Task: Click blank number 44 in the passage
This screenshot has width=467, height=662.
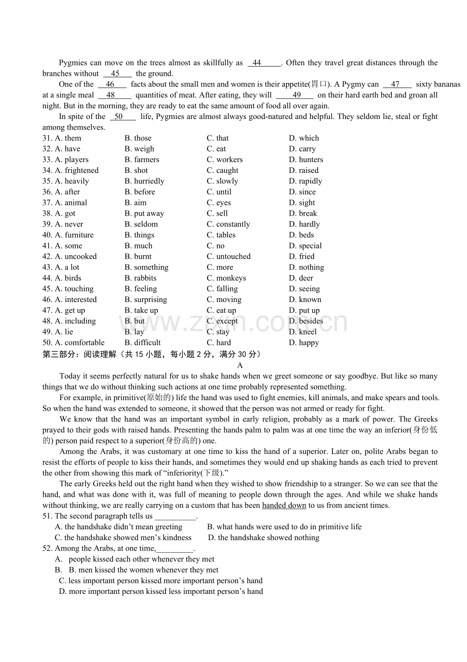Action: [x=263, y=63]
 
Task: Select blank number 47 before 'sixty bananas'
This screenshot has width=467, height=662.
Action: [x=397, y=84]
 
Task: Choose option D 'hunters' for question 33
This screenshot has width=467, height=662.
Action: [x=306, y=160]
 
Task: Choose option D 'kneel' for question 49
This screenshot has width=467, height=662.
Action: [x=303, y=332]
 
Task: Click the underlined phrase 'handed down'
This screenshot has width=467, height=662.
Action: [x=284, y=505]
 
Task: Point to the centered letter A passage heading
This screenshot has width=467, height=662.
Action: [x=240, y=365]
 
